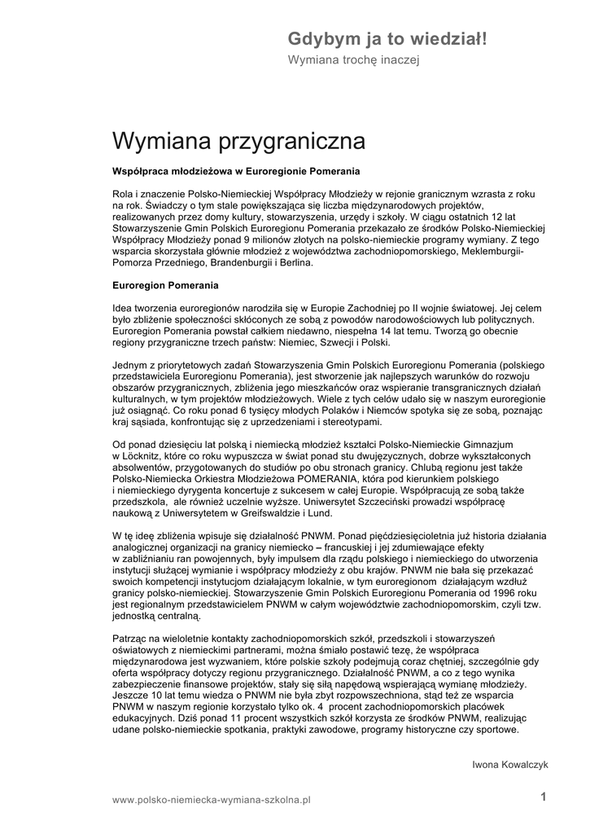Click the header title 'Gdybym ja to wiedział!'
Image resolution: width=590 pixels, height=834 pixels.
click(x=387, y=38)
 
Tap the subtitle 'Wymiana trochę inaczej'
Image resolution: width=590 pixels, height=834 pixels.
click(x=352, y=61)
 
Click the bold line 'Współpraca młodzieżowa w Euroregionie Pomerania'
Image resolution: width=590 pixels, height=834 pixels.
click(x=235, y=172)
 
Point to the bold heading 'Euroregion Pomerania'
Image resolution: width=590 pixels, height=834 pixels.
click(x=165, y=287)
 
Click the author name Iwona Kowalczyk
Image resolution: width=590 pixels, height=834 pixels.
click(x=511, y=764)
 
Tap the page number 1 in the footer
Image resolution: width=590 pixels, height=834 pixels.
click(x=544, y=798)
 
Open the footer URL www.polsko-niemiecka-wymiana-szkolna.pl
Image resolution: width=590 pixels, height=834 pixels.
click(x=212, y=801)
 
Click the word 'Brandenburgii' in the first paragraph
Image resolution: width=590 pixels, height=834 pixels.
click(x=242, y=264)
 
